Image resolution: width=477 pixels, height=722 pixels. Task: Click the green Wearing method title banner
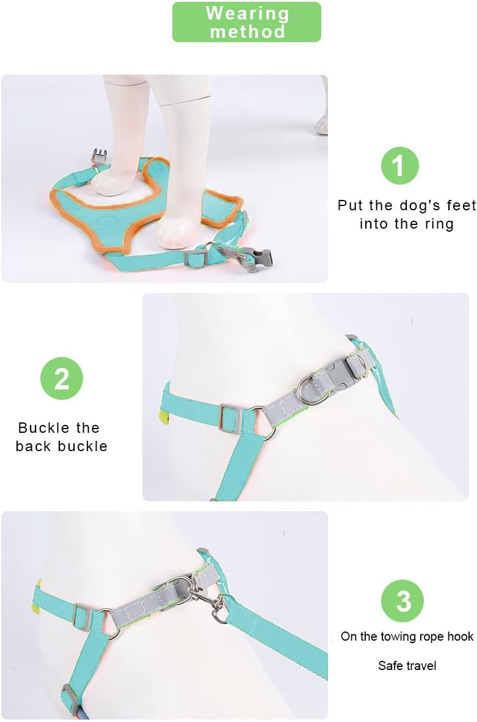(247, 22)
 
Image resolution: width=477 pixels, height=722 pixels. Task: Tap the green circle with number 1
(399, 165)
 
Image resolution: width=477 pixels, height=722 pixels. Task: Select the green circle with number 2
(62, 378)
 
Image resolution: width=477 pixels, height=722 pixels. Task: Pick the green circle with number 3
(403, 601)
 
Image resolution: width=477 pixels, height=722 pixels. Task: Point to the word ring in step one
(439, 224)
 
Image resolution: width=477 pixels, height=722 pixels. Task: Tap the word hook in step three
(460, 636)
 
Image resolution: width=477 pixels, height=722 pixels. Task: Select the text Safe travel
(407, 665)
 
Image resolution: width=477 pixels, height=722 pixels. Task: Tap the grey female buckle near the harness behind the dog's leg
(100, 159)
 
